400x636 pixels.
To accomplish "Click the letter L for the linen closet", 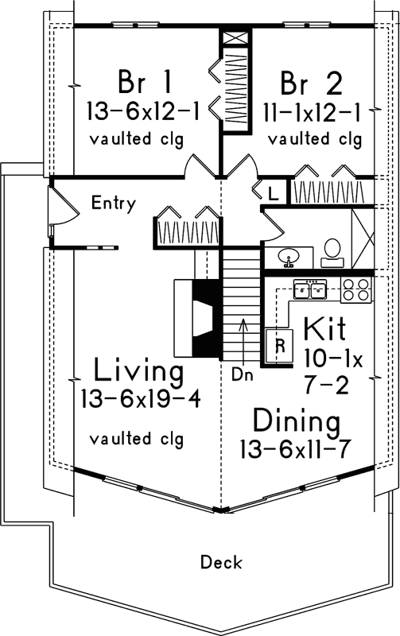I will coord(273,193).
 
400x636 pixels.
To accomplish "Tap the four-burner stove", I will coord(356,291).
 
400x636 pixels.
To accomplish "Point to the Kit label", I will coord(325,328).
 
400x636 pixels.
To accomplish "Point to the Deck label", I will coord(216,563).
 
